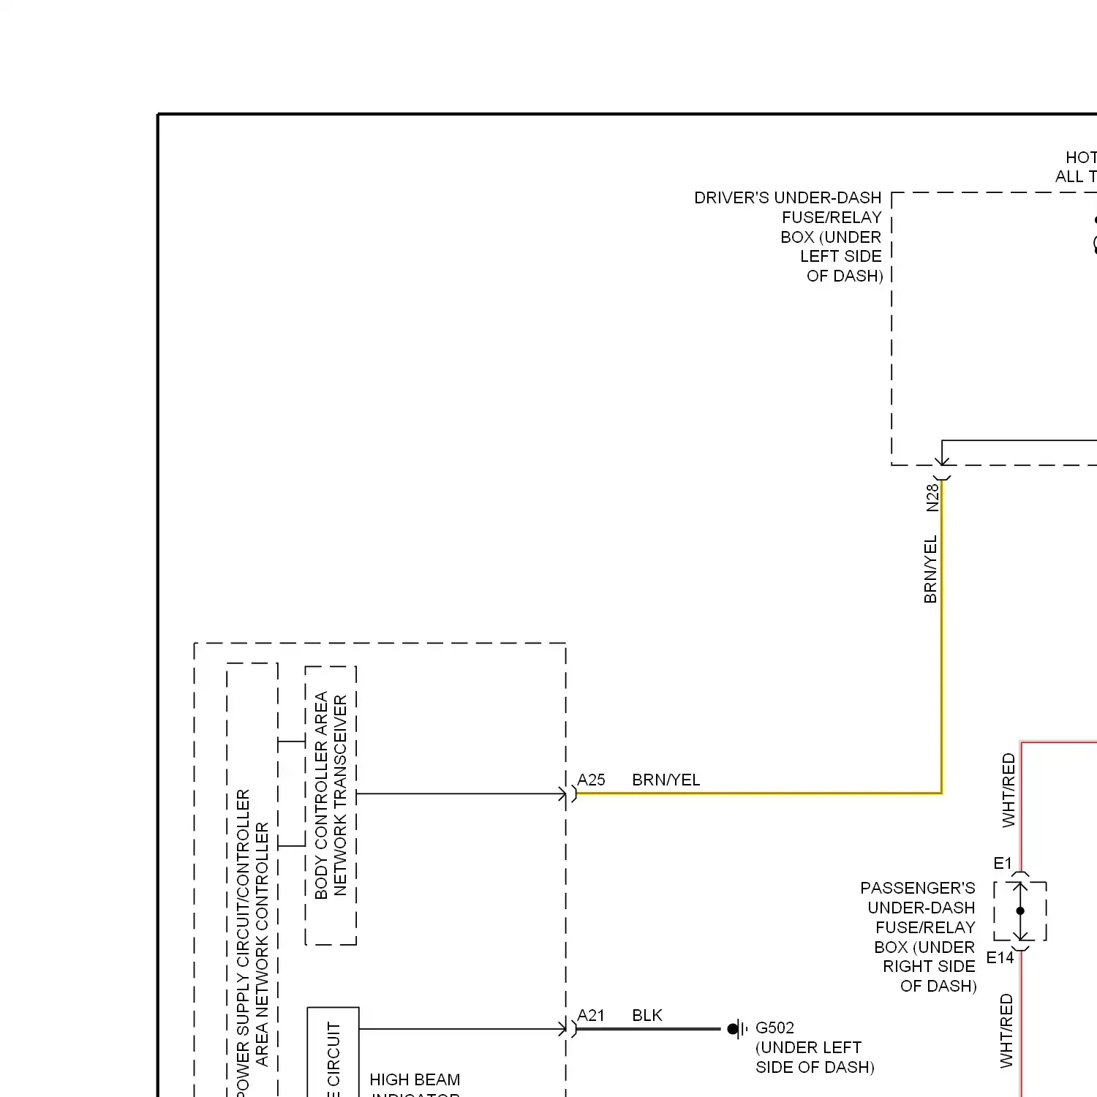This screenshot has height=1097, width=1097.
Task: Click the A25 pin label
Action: pos(591,780)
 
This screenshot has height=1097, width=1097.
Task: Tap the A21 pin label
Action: pos(591,1015)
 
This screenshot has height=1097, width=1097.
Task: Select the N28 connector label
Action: pos(932,497)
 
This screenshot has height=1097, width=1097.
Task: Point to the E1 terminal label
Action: pos(1003,863)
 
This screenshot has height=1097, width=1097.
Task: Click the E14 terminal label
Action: pos(1000,957)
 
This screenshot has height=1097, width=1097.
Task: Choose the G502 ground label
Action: pos(774,1028)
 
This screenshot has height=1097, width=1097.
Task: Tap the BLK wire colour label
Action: pos(647,1015)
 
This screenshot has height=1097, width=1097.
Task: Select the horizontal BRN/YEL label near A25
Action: pos(666,780)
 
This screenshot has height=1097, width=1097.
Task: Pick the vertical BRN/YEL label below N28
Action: pos(930,569)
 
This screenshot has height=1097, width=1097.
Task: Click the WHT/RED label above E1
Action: pos(1009,790)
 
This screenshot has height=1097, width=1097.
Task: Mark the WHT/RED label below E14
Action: pos(1006,1030)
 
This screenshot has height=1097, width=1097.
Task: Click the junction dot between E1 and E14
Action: pos(1020,911)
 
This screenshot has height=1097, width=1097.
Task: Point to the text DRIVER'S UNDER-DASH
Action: pos(788,197)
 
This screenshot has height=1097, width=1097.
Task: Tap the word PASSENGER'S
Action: pos(917,888)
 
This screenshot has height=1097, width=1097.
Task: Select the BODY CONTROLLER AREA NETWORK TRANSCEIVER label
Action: pos(331,795)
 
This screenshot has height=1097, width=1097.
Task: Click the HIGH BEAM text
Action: pos(415,1079)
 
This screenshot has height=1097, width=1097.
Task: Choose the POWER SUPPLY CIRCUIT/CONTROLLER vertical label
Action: pos(244,943)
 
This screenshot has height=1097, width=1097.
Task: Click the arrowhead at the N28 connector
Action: pos(942,460)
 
